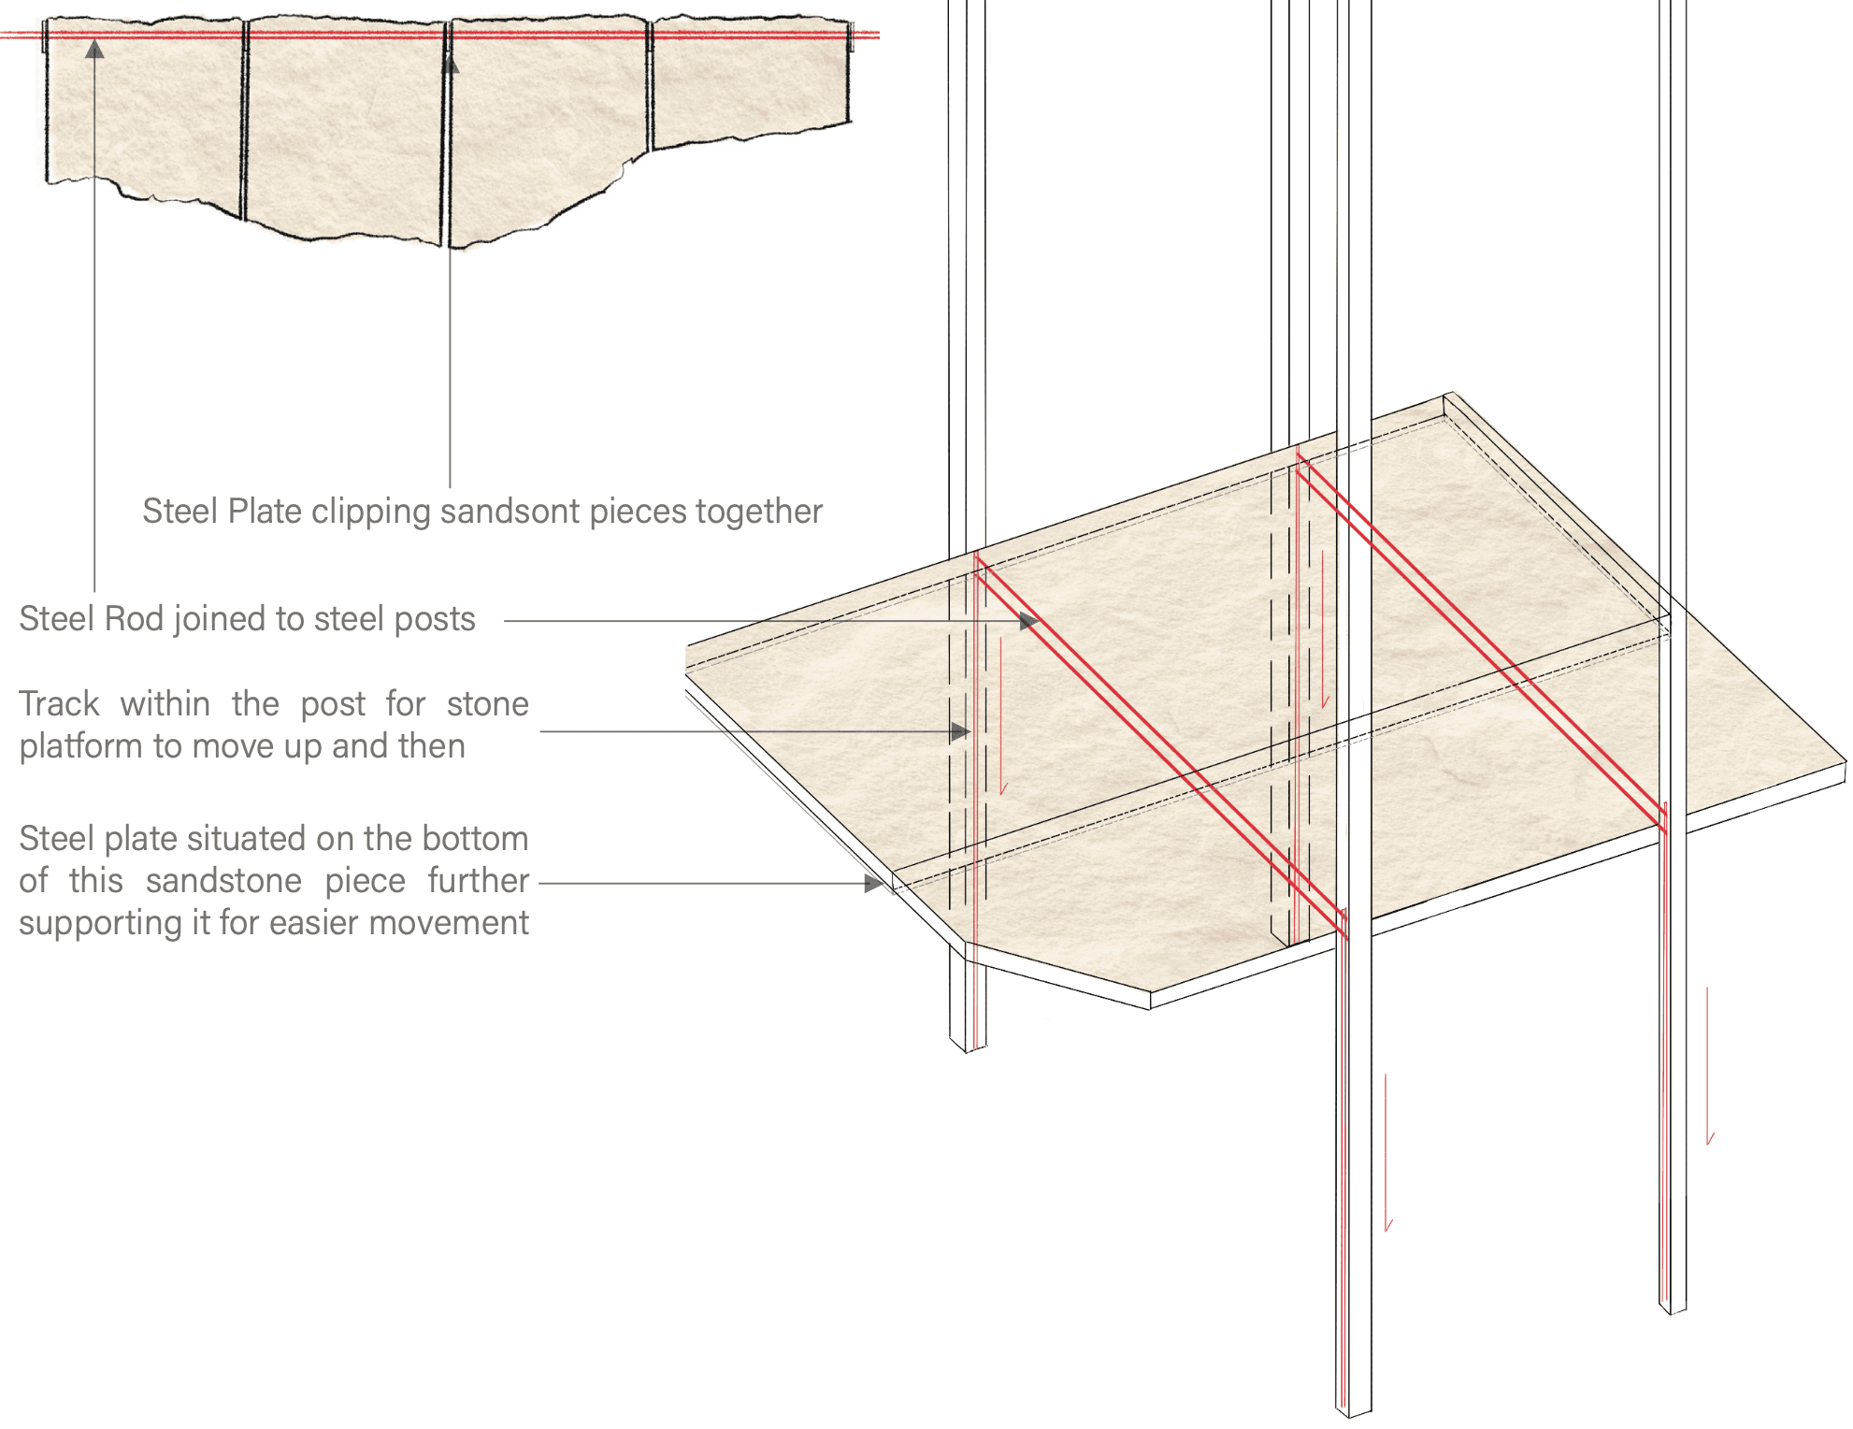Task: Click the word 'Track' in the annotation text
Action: click(x=59, y=704)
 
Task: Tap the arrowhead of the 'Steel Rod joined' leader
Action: click(x=1029, y=621)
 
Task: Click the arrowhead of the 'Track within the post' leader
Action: click(x=960, y=732)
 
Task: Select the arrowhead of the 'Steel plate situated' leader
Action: click(x=874, y=884)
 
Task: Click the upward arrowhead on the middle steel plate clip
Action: click(x=451, y=64)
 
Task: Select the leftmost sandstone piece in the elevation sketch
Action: click(x=145, y=112)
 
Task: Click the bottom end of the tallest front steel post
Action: click(x=1354, y=1407)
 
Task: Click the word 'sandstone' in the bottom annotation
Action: click(x=223, y=881)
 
